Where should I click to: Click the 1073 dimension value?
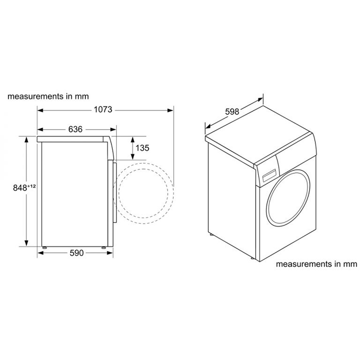(x=103, y=110)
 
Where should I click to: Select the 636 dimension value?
(x=75, y=129)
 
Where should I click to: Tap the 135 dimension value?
(x=142, y=148)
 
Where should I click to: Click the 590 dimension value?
(x=77, y=253)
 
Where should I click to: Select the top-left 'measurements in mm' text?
(x=48, y=96)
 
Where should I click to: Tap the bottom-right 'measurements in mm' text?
(x=317, y=264)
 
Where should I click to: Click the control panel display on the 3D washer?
(x=270, y=172)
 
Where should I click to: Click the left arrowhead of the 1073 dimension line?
(x=40, y=110)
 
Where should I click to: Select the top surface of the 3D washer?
(x=259, y=135)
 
